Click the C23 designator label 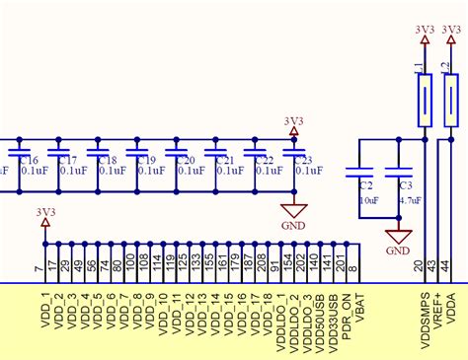[303, 160]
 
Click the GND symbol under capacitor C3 [399, 237]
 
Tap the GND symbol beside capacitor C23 [293, 211]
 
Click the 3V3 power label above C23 [293, 121]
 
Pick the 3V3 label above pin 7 [45, 211]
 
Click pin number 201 [342, 264]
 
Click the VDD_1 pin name [45, 308]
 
